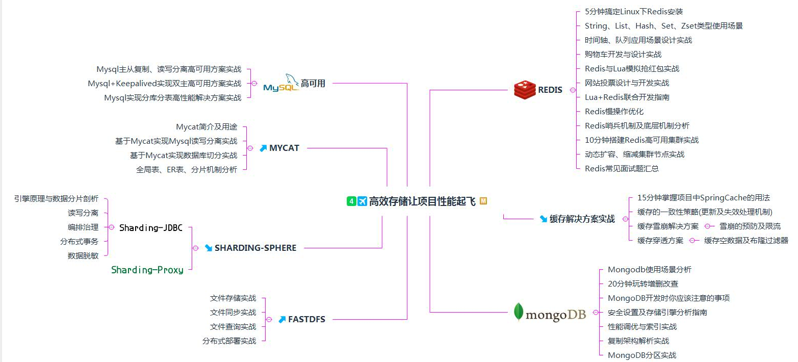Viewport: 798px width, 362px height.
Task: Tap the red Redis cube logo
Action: click(x=525, y=90)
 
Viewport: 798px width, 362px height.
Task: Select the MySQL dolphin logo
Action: click(x=281, y=83)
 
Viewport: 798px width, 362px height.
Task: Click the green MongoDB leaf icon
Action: click(x=519, y=312)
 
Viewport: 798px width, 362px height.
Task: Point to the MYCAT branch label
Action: click(x=284, y=148)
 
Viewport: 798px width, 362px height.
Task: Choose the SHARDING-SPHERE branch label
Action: click(x=255, y=248)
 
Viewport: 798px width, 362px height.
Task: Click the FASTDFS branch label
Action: click(x=306, y=319)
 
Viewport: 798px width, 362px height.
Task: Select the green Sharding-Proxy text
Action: click(x=147, y=270)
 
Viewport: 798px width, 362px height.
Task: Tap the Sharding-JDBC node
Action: click(x=150, y=228)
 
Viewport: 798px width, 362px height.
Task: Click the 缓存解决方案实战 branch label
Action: click(x=582, y=219)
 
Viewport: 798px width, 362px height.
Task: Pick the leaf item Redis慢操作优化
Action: click(x=614, y=111)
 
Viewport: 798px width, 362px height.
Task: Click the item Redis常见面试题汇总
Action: click(x=622, y=168)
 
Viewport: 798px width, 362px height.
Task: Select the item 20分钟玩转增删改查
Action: click(x=643, y=283)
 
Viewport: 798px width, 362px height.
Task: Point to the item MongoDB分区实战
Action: click(x=642, y=355)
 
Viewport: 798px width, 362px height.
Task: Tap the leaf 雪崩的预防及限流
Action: click(x=750, y=226)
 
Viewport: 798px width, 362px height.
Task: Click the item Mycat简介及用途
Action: click(x=207, y=126)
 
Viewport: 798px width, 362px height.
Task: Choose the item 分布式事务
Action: click(x=79, y=241)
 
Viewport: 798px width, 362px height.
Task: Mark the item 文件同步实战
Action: click(x=233, y=312)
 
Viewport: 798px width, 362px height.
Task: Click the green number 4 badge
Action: click(x=351, y=201)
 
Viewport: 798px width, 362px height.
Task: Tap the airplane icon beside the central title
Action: click(x=362, y=201)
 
